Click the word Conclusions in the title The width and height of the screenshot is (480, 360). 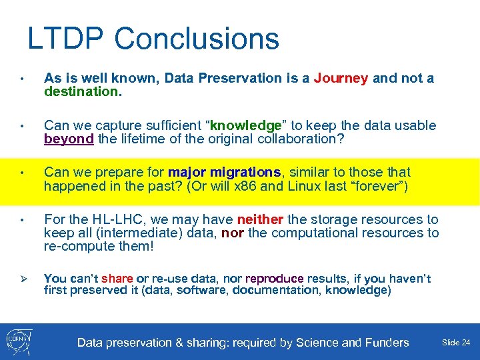(197, 39)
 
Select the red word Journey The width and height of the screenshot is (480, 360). (341, 79)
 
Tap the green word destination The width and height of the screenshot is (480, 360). (82, 91)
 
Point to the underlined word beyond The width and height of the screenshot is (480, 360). (69, 139)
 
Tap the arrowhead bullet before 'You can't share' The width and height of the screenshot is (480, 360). (22, 279)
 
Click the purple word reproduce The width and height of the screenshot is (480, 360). (274, 279)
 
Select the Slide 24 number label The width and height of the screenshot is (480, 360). (456, 343)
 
